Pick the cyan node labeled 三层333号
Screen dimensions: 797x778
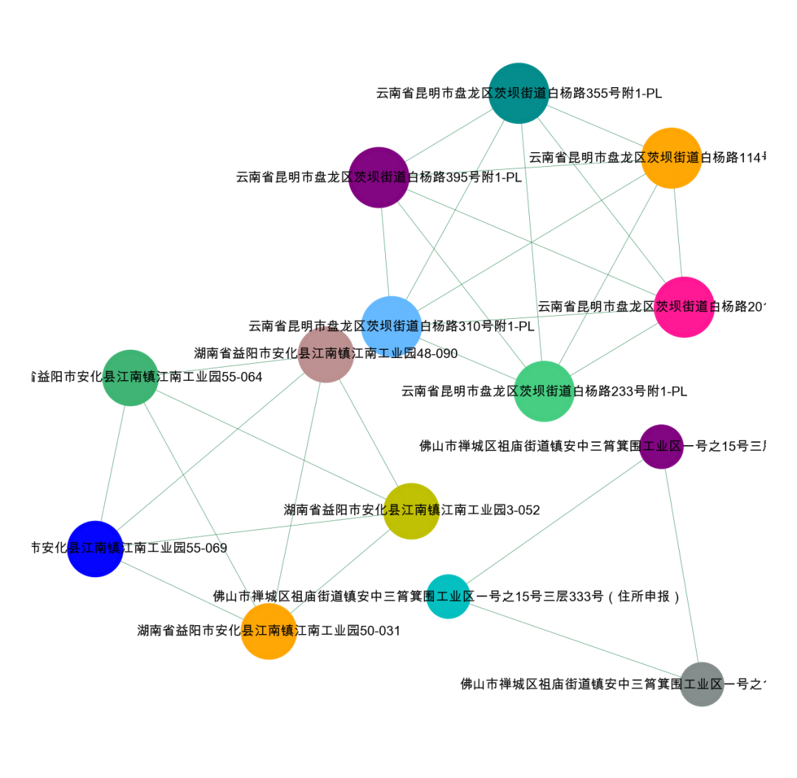click(449, 596)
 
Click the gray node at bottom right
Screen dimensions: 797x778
click(702, 684)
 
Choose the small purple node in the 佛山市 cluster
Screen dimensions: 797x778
click(661, 447)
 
